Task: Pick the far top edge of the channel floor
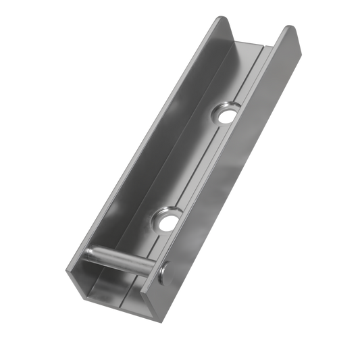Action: click(x=257, y=46)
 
